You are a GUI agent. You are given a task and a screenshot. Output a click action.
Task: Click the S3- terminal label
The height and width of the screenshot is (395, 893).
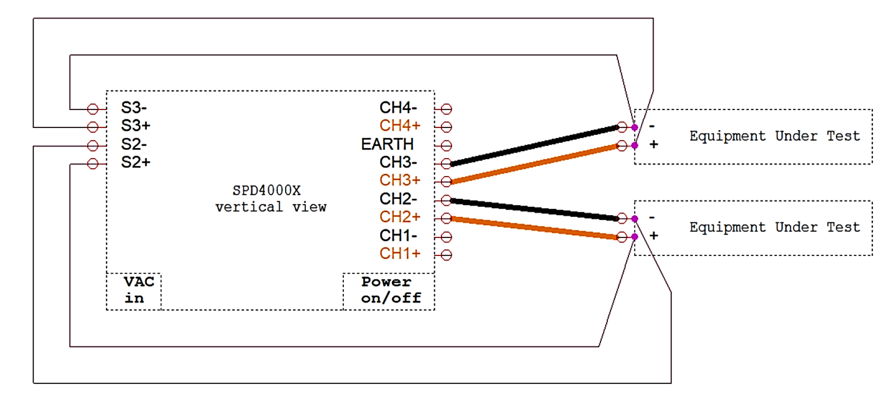tap(134, 108)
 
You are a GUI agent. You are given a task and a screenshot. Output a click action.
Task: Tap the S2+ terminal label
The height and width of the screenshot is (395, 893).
tap(136, 163)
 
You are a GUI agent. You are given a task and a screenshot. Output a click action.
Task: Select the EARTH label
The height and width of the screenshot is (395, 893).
tap(387, 144)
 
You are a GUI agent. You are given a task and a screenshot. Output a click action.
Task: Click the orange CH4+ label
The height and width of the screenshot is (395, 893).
tap(400, 126)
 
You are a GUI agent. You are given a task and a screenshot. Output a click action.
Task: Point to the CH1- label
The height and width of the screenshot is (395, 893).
tap(399, 236)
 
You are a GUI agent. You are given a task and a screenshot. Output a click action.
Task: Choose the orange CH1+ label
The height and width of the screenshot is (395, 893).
tap(400, 254)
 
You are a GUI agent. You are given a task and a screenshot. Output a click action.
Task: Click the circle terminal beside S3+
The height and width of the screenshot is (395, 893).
tap(93, 127)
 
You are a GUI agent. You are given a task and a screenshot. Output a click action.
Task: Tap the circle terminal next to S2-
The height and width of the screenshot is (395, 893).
tap(93, 146)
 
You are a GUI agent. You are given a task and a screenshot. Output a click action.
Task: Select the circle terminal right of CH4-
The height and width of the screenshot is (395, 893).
tap(446, 109)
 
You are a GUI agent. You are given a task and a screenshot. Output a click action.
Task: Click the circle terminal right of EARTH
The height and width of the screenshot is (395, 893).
tap(446, 146)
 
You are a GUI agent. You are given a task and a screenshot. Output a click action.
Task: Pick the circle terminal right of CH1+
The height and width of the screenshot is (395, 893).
tap(446, 255)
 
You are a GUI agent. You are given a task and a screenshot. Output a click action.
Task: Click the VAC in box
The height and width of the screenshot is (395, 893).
tap(134, 291)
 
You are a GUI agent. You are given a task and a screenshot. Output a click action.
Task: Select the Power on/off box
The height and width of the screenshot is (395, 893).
tap(389, 291)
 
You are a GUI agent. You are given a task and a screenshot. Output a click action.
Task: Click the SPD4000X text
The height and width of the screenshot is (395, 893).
tap(266, 191)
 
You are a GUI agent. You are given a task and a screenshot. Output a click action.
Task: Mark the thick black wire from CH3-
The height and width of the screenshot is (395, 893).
tap(534, 146)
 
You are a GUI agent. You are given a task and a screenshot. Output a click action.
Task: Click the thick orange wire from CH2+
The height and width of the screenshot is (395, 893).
tap(534, 228)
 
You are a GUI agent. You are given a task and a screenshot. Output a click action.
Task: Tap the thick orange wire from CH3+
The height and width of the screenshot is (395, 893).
tap(534, 164)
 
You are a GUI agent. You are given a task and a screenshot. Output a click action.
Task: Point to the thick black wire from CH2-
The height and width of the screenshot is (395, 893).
tap(534, 210)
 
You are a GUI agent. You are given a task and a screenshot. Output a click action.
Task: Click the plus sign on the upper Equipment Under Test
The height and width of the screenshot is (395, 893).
tap(654, 145)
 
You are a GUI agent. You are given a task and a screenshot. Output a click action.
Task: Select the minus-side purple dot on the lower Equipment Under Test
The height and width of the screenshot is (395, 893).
tap(635, 218)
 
